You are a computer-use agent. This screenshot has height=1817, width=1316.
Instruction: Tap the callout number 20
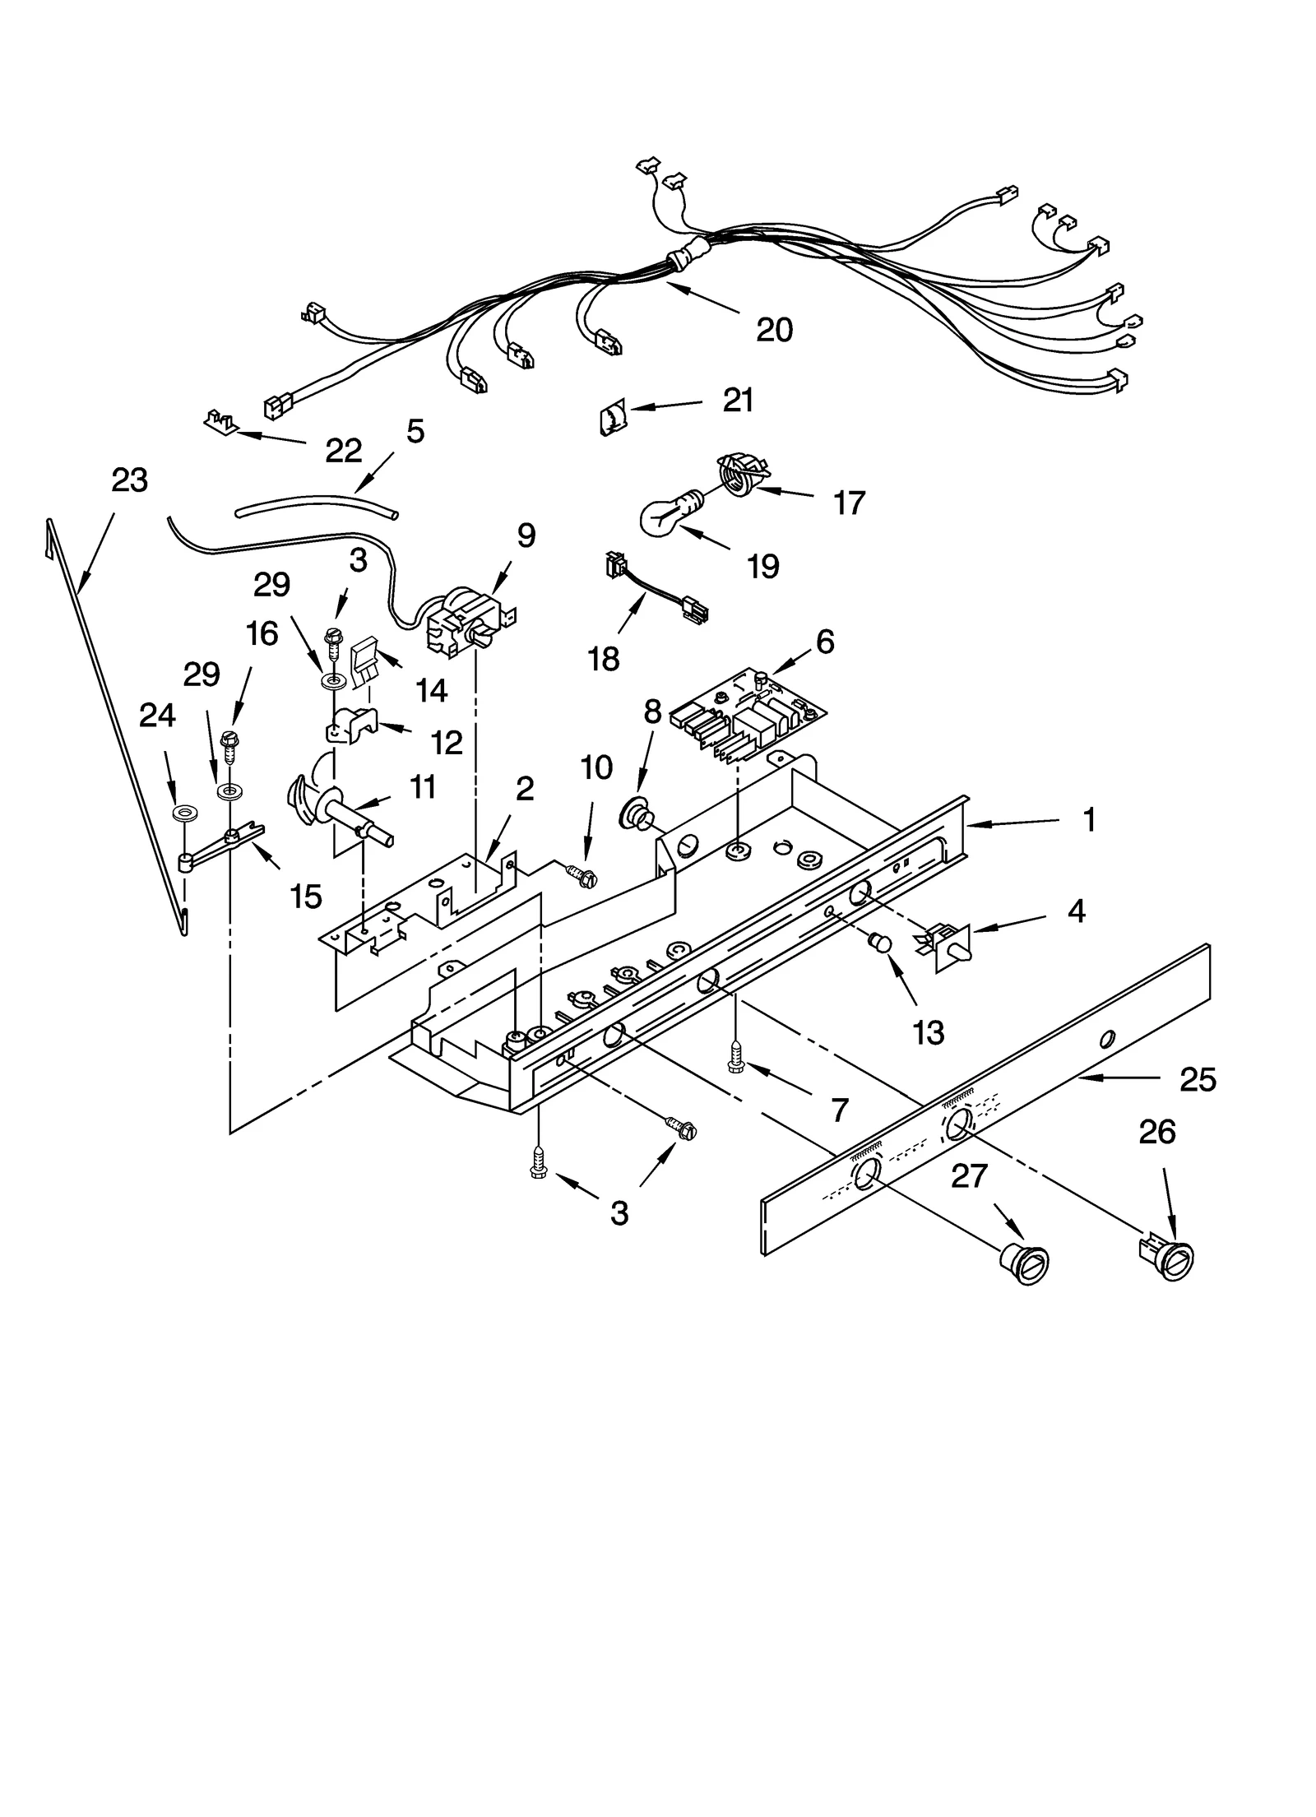click(774, 330)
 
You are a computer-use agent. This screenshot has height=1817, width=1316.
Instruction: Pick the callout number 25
click(1198, 1079)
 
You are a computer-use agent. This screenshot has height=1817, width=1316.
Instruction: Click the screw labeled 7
click(735, 1055)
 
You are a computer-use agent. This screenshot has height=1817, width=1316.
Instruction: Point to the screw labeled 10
click(582, 875)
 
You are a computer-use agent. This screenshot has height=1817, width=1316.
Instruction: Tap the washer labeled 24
click(188, 814)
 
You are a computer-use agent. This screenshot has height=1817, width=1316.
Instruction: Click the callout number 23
click(130, 480)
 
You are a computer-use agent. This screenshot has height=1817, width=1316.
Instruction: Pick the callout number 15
click(306, 897)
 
